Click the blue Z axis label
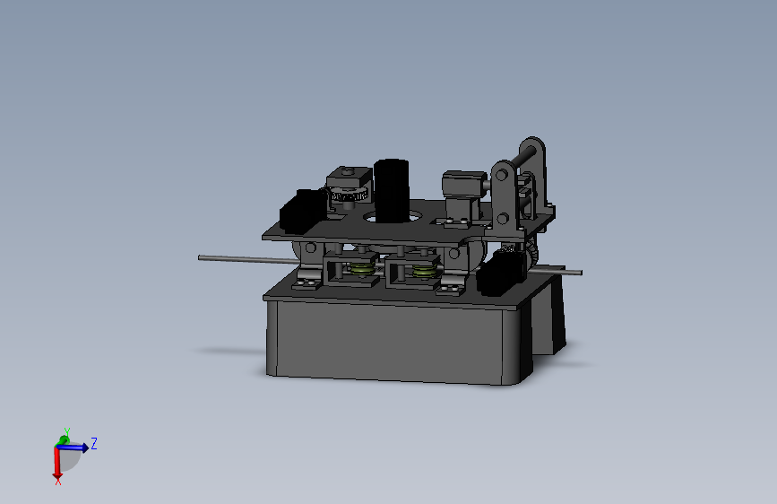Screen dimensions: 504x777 tap(94, 443)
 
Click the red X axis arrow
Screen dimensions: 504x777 tap(57, 465)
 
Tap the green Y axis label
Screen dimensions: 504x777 tap(66, 431)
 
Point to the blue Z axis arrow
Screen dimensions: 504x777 tap(79, 446)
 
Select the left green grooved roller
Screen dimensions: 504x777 tap(362, 269)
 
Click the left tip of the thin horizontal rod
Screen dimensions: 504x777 tap(201, 258)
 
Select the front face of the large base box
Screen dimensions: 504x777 tap(385, 341)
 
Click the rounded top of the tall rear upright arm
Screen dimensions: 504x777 tap(533, 144)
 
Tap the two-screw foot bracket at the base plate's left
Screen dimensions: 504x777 tap(306, 282)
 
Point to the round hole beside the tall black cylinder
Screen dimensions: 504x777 tap(423, 215)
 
